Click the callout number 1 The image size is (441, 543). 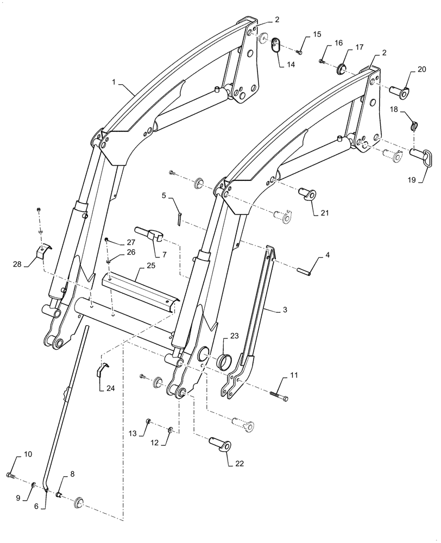pos(114,81)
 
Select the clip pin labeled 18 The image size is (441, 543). pos(414,126)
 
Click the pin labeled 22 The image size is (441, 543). pos(220,445)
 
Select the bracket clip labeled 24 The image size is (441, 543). pos(102,370)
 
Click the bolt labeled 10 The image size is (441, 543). pos(11,476)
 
